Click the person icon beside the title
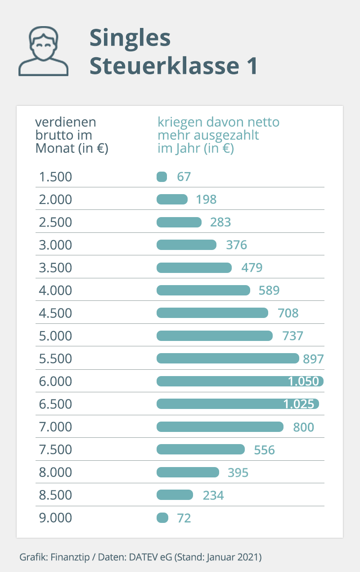(43, 51)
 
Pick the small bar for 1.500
(162, 177)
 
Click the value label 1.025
(299, 404)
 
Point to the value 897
(314, 359)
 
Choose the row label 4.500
(55, 313)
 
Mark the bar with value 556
(201, 449)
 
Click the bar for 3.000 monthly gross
(186, 245)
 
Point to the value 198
(207, 200)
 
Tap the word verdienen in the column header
(66, 123)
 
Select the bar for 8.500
(175, 495)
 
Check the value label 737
(293, 336)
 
